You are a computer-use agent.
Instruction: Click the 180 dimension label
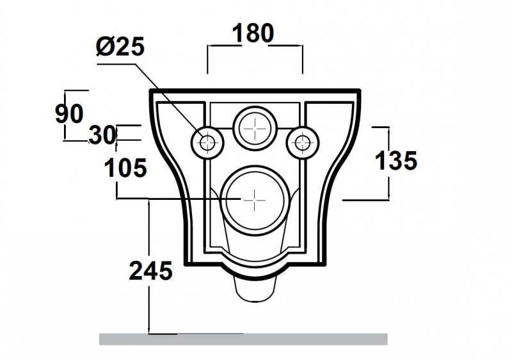[253, 33]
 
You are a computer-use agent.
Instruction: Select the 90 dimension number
[68, 114]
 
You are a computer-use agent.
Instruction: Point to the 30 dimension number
[102, 135]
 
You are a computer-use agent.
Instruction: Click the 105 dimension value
[125, 168]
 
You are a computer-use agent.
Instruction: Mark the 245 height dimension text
[150, 271]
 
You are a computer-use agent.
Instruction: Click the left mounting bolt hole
[207, 142]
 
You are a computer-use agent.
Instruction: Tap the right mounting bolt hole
[302, 142]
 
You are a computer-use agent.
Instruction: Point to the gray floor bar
[243, 339]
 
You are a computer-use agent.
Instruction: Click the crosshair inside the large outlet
[255, 199]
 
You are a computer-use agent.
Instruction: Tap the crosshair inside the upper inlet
[255, 127]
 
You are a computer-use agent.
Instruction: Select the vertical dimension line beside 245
[149, 301]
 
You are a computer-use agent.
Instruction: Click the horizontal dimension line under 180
[255, 46]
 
